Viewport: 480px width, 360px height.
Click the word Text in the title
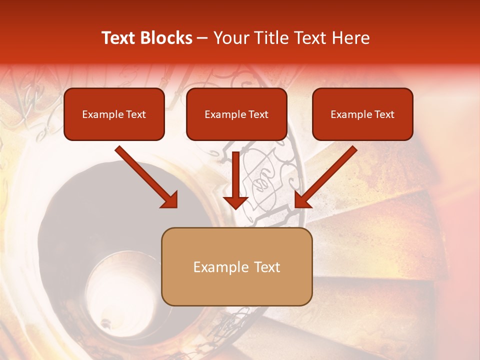click(118, 38)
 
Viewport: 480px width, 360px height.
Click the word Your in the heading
click(229, 38)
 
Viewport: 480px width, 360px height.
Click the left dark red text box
click(114, 114)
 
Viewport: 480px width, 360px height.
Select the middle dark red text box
click(236, 114)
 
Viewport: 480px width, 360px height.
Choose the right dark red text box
click(362, 114)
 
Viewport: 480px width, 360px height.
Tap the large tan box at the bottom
click(236, 266)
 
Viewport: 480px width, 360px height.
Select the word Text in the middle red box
click(258, 114)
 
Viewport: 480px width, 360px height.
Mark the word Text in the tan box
click(267, 267)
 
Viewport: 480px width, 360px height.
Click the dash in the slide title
click(202, 38)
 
